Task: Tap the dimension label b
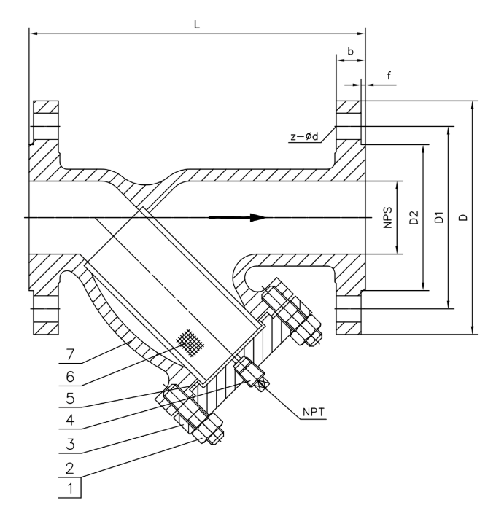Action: pos(351,52)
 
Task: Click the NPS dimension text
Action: pos(387,217)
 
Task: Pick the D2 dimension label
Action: pos(413,217)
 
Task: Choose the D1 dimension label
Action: pos(439,217)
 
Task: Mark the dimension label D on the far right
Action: pos(464,217)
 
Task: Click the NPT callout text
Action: pos(309,413)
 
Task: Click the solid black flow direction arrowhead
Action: pos(252,217)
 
